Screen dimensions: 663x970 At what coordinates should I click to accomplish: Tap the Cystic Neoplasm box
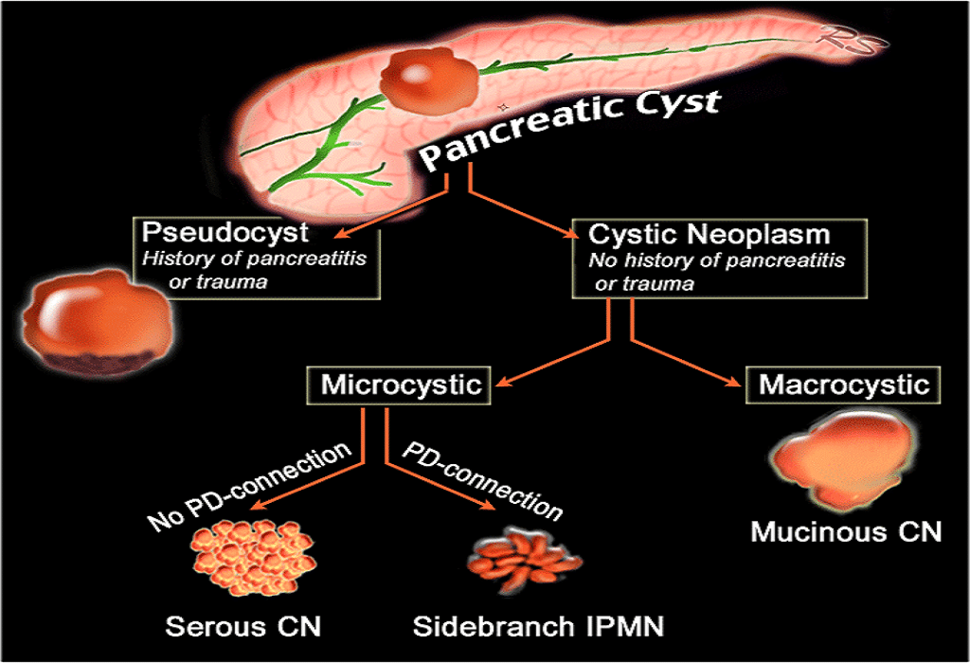tap(720, 258)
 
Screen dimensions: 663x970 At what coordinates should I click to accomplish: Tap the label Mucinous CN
tap(846, 531)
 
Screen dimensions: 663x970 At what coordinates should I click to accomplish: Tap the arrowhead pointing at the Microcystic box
tap(503, 384)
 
